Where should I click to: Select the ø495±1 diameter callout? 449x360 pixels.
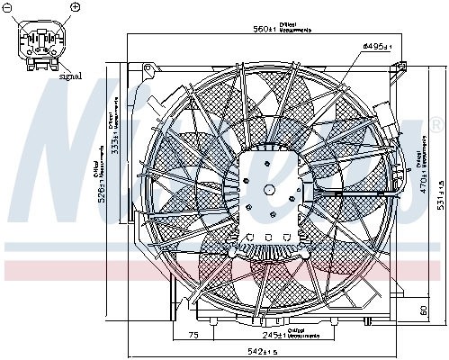(376, 45)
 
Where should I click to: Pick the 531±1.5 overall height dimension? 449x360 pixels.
(438, 200)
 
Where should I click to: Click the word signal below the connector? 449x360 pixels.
(70, 76)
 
